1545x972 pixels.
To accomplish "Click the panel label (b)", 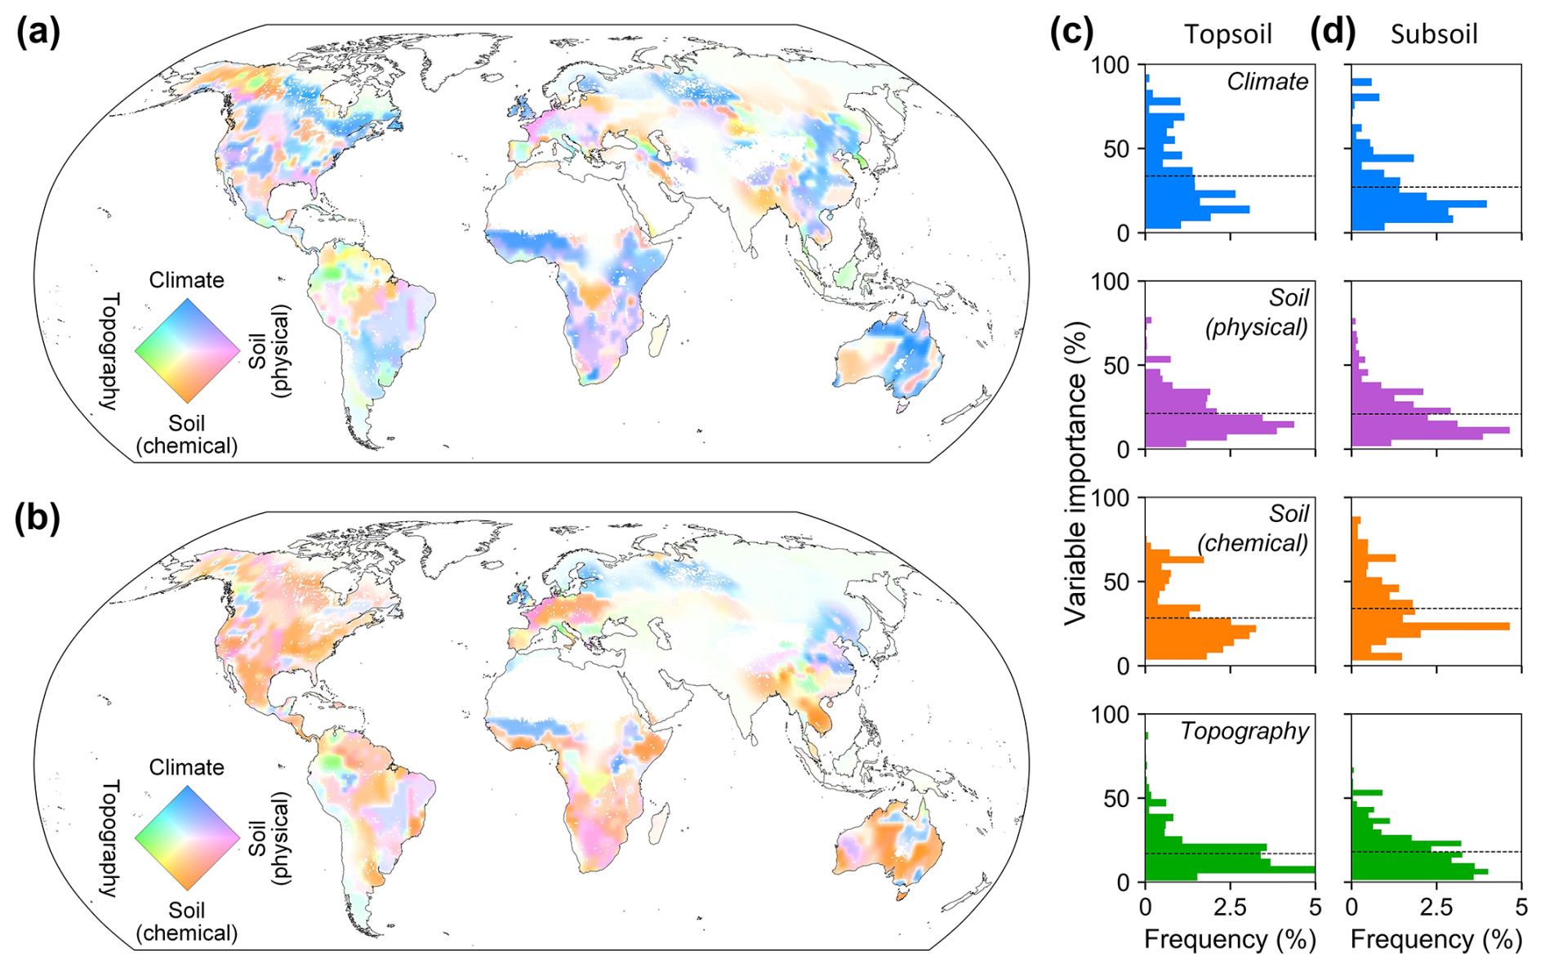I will tap(38, 519).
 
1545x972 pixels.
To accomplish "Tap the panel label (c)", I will tap(1071, 33).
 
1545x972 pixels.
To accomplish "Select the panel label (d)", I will tap(1332, 33).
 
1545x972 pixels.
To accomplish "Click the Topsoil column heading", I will tap(1227, 34).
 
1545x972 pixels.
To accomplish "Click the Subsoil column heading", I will tap(1433, 34).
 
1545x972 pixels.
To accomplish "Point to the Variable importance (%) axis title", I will tap(1076, 474).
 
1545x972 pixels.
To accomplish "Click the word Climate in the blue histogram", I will tap(1267, 82).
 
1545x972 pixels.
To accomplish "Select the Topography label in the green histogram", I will tap(1244, 731).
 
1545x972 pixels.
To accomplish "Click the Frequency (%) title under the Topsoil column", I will tap(1229, 939).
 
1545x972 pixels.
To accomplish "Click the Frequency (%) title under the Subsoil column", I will tap(1436, 939).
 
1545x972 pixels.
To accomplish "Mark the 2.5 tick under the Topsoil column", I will tap(1229, 907).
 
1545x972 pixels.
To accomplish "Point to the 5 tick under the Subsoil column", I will tap(1521, 907).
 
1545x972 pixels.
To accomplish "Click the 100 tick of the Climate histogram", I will tap(1110, 65).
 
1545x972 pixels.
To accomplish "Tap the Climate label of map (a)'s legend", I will tap(186, 280).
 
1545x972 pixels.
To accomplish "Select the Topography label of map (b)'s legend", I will tap(110, 838).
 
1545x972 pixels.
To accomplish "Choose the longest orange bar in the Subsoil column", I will tap(1431, 626).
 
